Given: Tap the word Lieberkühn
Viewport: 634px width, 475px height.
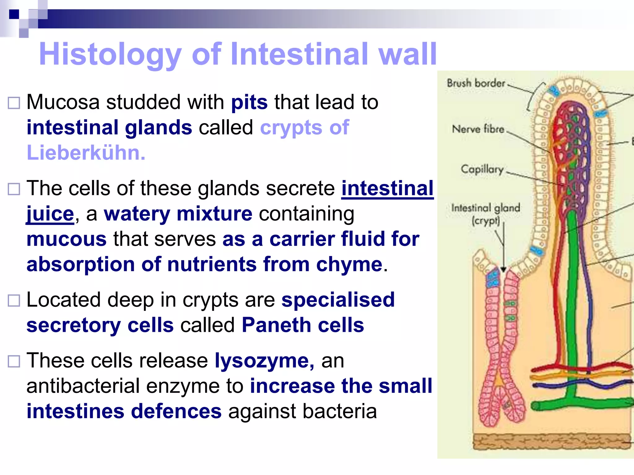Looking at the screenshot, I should pos(86,153).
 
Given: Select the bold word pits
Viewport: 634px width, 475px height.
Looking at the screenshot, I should pos(249,102).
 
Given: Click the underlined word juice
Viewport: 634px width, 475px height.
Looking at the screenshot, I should pos(50,214).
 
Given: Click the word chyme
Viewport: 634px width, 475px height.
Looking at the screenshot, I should pos(349,265).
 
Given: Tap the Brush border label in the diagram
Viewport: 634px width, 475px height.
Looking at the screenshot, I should pos(476,83).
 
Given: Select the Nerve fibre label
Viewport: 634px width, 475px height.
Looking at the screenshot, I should pos(478,129).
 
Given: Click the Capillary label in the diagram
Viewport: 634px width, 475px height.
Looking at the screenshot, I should pos(482,169).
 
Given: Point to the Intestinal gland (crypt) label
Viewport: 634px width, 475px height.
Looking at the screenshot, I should pos(485,214).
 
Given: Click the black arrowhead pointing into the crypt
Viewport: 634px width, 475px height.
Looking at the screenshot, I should pos(503,269).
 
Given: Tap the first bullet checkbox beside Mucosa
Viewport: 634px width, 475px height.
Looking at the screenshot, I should pos(14,103).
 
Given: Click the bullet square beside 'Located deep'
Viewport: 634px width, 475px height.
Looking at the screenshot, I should pos(14,300).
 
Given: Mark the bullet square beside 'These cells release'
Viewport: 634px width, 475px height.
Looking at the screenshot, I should pos(14,361).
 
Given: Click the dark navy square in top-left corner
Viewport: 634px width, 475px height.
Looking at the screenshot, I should pos(14,14).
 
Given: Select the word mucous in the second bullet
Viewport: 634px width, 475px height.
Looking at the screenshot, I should pos(67,239).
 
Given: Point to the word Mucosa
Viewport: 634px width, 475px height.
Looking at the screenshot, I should pos(63,102).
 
